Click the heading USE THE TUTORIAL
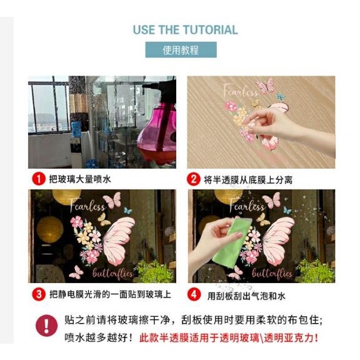tap(185, 30)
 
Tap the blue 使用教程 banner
tap(181, 49)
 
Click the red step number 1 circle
tap(39, 179)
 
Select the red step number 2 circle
tap(194, 179)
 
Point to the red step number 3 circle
tap(39, 294)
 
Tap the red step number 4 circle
tap(194, 294)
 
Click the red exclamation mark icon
tap(47, 326)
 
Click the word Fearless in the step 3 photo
tap(87, 205)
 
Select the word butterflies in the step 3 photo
tap(113, 273)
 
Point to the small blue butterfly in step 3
tap(127, 211)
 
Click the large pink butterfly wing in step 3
tap(118, 241)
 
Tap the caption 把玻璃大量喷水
tap(80, 179)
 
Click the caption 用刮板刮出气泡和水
tap(246, 296)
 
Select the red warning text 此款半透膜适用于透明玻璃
tap(199, 338)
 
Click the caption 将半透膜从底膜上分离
tap(248, 180)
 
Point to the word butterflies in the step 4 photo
tap(272, 273)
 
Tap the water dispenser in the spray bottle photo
tap(77, 144)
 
